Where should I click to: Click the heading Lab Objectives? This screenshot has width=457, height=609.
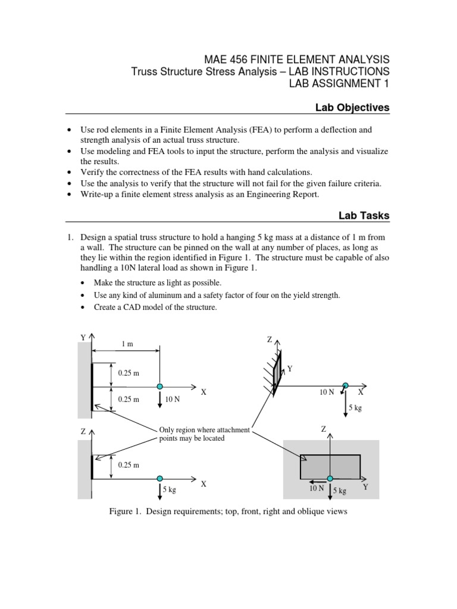click(352, 108)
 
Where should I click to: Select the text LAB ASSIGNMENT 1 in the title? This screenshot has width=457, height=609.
click(339, 84)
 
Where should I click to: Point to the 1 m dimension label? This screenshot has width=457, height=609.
click(127, 344)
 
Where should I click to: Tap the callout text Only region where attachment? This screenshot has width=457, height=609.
click(205, 430)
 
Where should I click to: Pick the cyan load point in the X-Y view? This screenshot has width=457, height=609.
click(159, 386)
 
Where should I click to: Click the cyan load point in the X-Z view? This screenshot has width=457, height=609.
click(159, 478)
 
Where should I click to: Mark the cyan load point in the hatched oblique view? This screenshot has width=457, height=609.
click(345, 386)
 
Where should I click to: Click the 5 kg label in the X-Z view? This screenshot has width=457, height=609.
click(169, 491)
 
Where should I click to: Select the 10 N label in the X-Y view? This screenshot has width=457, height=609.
click(173, 399)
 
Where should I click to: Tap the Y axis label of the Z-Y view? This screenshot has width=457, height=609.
click(365, 486)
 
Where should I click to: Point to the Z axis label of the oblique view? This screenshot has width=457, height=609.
click(269, 340)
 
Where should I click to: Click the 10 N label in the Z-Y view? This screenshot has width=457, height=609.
click(316, 488)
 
